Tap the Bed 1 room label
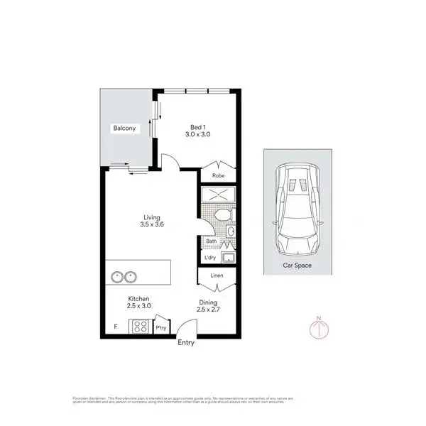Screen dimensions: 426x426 point(198,126)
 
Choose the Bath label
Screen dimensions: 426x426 point(211,241)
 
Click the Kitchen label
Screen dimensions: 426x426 point(138,300)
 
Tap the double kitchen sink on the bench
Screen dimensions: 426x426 point(121,276)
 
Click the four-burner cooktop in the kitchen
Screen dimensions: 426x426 point(138,327)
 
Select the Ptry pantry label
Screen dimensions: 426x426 point(161,327)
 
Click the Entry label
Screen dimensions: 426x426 point(185,342)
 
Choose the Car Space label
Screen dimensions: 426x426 point(298,266)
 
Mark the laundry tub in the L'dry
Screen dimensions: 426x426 point(229,257)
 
